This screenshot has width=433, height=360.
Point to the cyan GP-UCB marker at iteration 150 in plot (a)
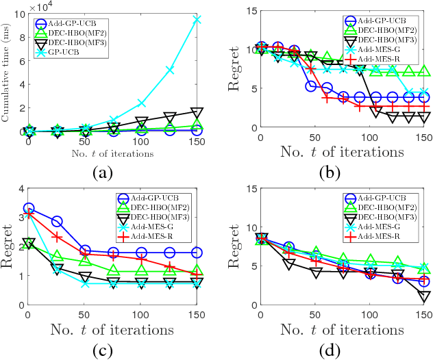tap(197, 20)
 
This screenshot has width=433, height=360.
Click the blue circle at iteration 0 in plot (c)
tap(29, 208)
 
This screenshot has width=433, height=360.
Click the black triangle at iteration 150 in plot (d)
tap(425, 296)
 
